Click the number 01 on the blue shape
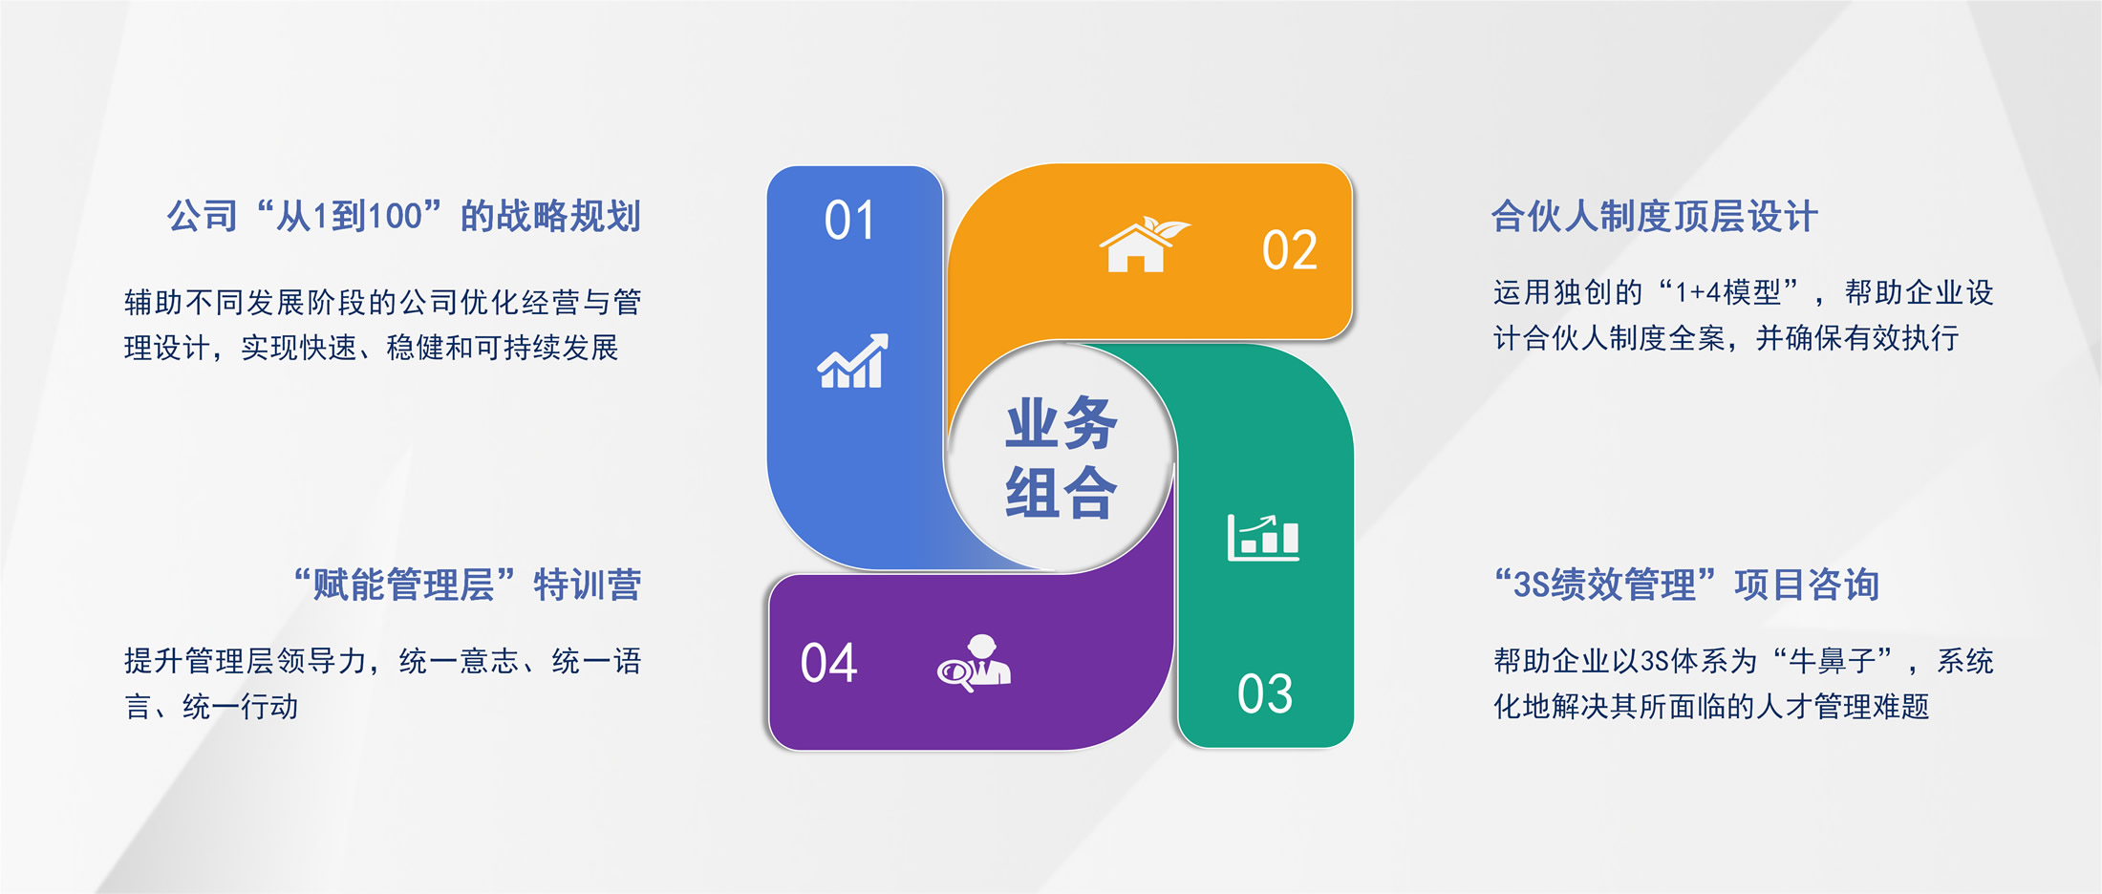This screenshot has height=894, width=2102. [x=849, y=221]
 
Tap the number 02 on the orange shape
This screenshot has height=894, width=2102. [x=1290, y=250]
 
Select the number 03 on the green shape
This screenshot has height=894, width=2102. [x=1265, y=693]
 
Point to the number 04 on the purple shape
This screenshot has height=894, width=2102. [x=828, y=663]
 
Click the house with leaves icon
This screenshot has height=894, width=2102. [x=1145, y=245]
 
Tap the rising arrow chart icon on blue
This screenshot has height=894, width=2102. [x=852, y=361]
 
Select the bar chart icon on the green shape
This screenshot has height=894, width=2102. [x=1263, y=537]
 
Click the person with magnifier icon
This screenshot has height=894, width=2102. [x=974, y=663]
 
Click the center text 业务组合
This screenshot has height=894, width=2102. [x=1061, y=458]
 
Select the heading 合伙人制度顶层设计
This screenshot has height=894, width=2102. [x=1655, y=217]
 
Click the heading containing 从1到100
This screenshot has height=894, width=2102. [x=403, y=217]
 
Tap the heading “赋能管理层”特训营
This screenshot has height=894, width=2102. [x=466, y=585]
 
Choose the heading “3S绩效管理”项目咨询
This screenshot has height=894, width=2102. [x=1687, y=585]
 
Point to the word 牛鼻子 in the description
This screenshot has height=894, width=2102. [x=1832, y=661]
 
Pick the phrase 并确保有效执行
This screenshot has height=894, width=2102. [x=1857, y=338]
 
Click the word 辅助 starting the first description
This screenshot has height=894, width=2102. [x=154, y=303]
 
